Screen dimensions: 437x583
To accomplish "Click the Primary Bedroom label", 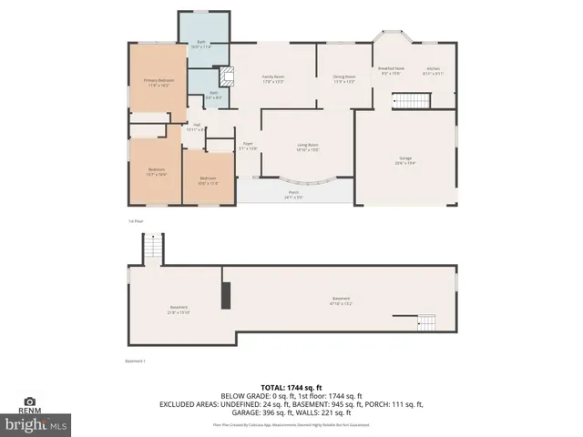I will pos(159,82).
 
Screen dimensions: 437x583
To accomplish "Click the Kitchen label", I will pos(433,71).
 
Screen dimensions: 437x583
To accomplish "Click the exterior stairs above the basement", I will pos(154,247).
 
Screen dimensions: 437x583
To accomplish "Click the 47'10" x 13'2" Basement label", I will pos(341,300).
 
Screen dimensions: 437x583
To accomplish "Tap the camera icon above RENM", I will pos(29,401).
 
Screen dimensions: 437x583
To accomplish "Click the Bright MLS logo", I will pos(36,423).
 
